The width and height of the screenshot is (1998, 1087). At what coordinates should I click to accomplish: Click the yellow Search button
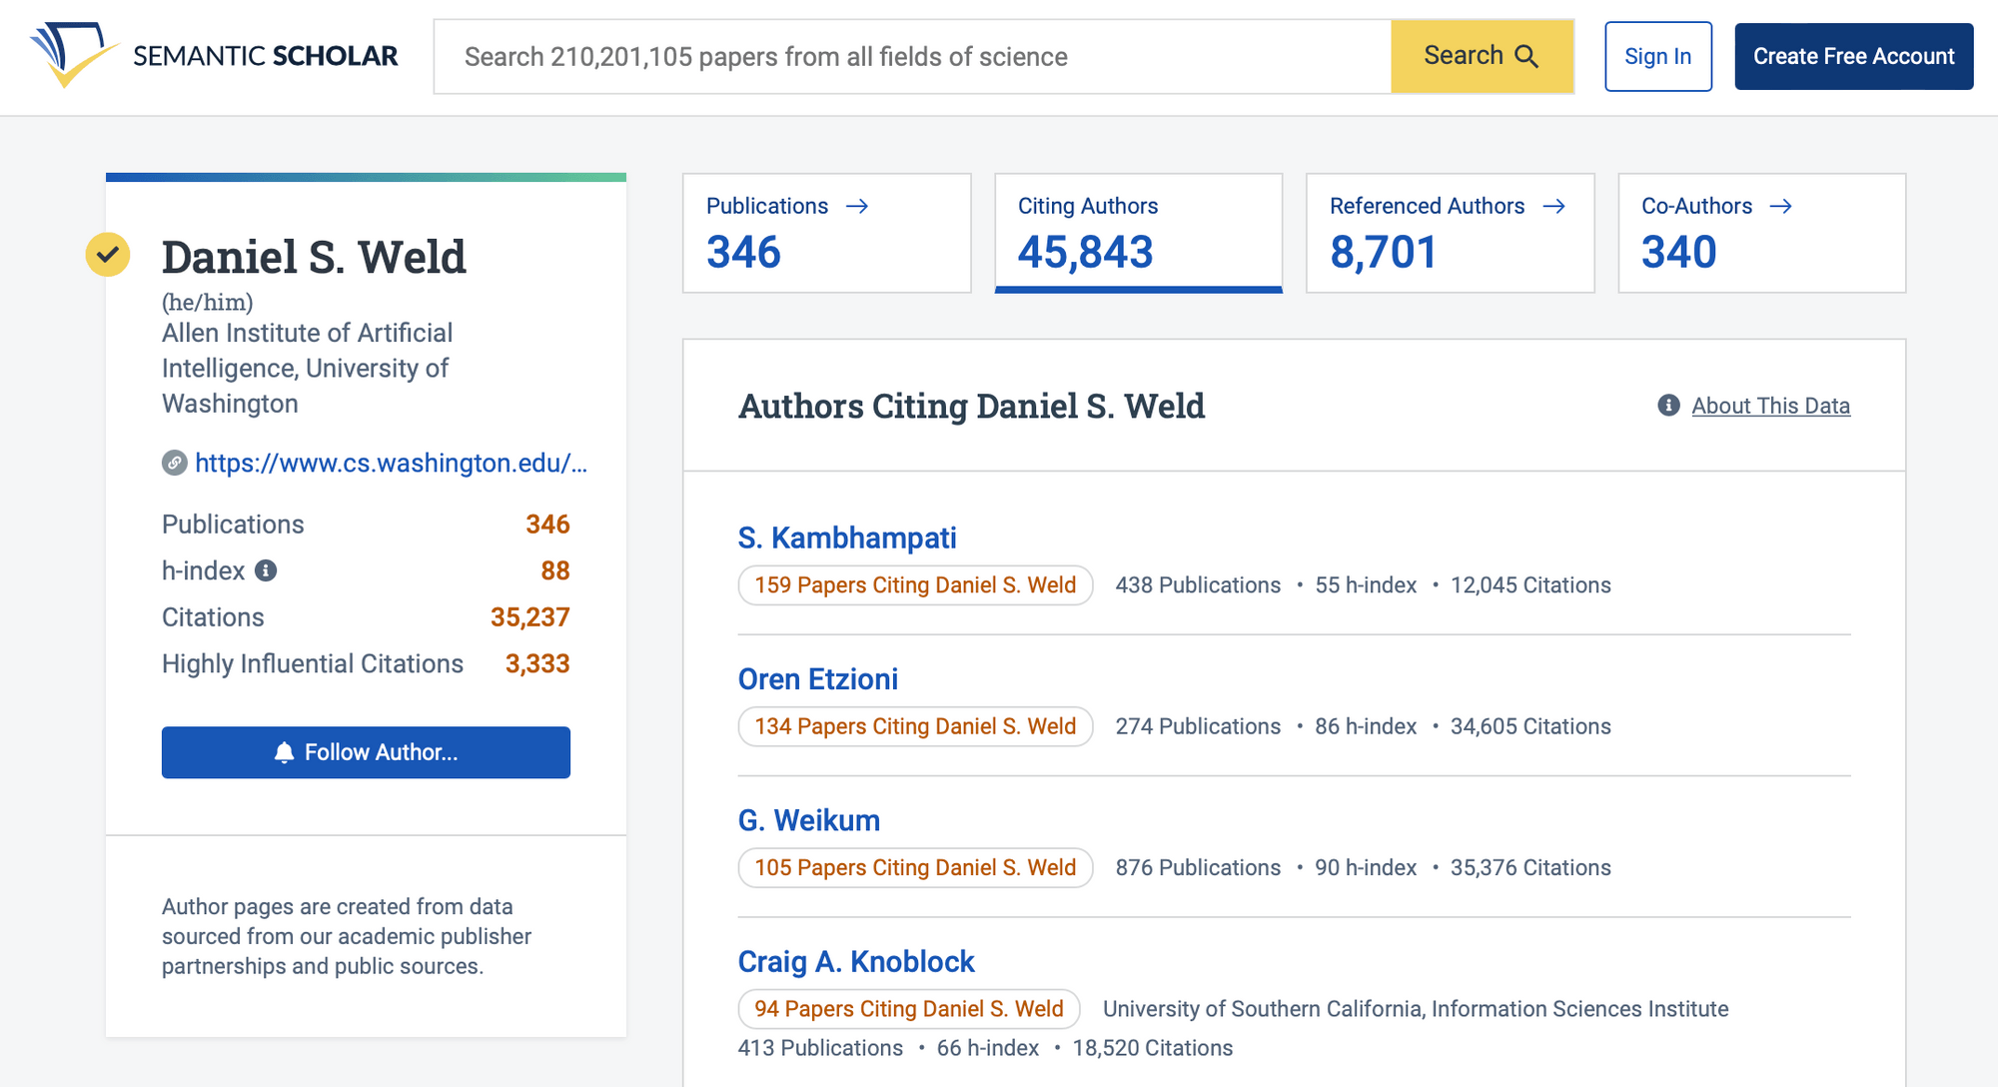click(1482, 56)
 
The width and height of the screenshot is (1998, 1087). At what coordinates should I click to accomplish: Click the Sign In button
click(1657, 56)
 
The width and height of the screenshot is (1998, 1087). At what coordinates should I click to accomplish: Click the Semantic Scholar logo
click(214, 56)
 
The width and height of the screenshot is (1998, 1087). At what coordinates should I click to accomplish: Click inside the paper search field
click(909, 57)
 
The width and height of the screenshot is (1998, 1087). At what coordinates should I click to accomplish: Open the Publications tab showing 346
click(826, 233)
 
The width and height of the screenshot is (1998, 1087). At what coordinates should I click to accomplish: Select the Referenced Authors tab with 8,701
click(1449, 233)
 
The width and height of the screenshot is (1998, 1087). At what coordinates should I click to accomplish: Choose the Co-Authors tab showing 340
click(1760, 233)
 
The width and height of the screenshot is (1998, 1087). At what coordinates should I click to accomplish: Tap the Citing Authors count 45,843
click(1086, 252)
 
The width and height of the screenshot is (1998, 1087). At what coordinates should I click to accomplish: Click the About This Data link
click(1770, 406)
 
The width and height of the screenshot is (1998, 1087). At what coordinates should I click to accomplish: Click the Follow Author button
click(366, 752)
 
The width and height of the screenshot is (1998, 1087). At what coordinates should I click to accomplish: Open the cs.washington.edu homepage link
click(391, 463)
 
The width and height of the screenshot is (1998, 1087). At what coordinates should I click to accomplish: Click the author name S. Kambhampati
click(846, 538)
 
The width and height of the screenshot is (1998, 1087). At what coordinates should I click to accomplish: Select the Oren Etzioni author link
click(817, 679)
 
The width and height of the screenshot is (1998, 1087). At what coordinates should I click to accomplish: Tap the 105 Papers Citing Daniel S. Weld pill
click(915, 867)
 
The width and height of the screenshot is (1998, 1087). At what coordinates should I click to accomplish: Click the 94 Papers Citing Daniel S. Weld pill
click(908, 1009)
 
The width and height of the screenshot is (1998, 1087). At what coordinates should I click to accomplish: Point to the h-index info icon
click(266, 570)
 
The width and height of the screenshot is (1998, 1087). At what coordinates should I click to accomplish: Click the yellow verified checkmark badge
click(108, 255)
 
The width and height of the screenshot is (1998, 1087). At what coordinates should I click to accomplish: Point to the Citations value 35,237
click(529, 617)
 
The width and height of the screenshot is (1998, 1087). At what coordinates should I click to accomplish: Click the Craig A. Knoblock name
click(855, 961)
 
